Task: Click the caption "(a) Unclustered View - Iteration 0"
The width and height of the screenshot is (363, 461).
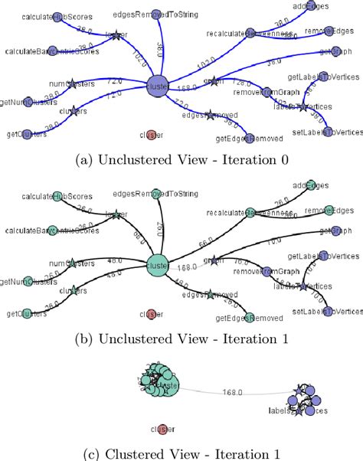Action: point(181,159)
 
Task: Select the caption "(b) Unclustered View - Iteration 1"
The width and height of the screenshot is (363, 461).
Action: point(181,338)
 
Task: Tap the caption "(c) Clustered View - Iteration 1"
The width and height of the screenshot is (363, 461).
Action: point(181,453)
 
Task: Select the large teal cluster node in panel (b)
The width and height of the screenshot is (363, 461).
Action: point(157,265)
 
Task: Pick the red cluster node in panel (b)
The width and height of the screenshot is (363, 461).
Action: point(151,313)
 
